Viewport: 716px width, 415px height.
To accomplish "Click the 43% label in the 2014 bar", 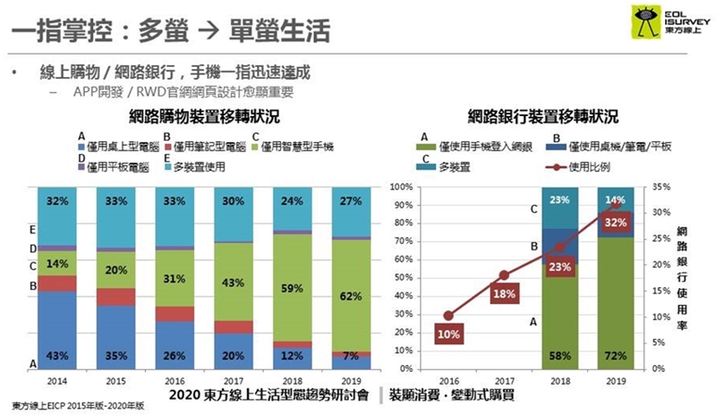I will coord(56,357).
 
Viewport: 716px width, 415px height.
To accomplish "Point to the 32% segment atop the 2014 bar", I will coord(56,201).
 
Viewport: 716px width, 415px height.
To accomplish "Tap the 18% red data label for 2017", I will coord(503,292).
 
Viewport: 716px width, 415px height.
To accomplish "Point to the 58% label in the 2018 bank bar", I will coord(559,357).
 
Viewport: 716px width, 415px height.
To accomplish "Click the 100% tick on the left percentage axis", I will coord(400,188).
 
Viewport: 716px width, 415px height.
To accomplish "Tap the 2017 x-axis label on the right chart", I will coord(504,379).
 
